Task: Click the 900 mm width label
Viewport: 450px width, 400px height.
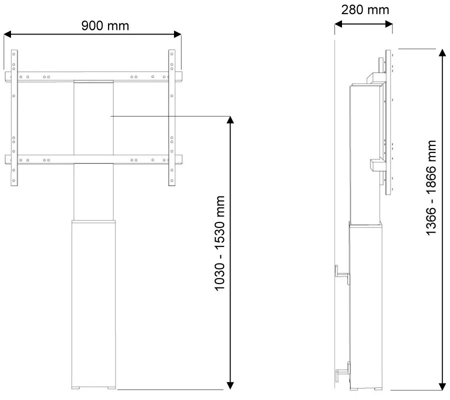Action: (105, 25)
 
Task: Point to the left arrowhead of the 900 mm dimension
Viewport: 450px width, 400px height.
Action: (7, 34)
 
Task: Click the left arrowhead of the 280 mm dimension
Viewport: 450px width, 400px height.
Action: (337, 23)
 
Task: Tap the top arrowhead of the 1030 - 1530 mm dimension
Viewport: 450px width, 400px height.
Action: (230, 120)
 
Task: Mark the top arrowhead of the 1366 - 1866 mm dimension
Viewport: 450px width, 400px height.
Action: (442, 53)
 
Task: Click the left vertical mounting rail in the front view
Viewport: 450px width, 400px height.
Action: (14, 117)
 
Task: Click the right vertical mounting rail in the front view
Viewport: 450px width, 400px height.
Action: (171, 117)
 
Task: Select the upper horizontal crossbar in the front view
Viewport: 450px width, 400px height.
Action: (94, 76)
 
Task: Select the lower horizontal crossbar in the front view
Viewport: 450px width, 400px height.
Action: (94, 159)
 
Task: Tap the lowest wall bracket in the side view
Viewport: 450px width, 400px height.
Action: (342, 372)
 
